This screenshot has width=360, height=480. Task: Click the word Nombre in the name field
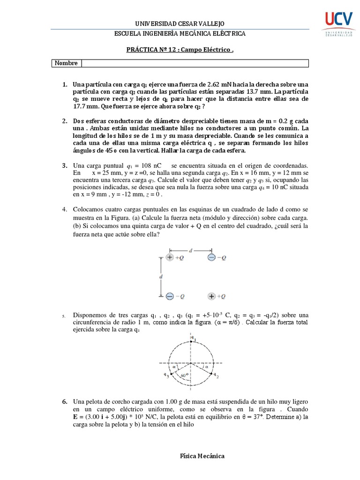[66, 63]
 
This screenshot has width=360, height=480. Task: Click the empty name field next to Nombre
[195, 63]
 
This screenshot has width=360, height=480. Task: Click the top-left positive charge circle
[170, 257]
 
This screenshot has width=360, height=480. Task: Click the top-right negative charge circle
[211, 257]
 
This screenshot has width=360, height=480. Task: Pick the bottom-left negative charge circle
[170, 296]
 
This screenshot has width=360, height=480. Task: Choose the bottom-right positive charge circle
[211, 296]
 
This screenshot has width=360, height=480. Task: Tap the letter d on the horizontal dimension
[190, 251]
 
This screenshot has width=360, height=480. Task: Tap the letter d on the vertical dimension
[161, 277]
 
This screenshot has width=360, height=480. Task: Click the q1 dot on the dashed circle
[191, 342]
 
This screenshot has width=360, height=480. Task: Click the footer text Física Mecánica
[202, 456]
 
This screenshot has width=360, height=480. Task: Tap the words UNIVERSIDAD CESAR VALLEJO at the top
[180, 23]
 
